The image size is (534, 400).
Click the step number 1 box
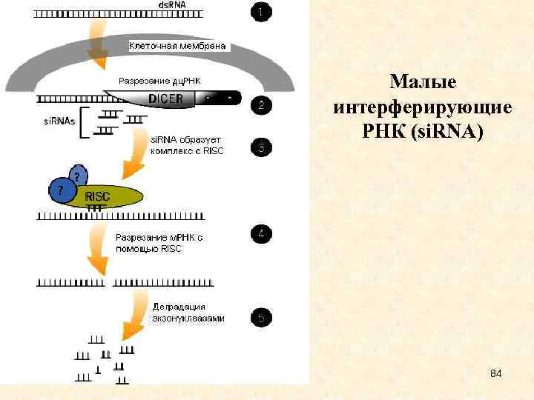[x=261, y=12]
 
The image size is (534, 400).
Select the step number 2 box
[x=261, y=105]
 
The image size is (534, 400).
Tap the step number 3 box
[x=261, y=147]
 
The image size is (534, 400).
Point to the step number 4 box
[x=261, y=235]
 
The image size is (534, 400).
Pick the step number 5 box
[x=261, y=319]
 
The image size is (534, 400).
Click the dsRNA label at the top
[x=172, y=5]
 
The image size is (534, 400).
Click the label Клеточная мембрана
[x=178, y=46]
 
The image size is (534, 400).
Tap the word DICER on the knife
[x=165, y=99]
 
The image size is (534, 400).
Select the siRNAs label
[x=59, y=121]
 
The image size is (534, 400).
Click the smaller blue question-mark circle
[x=78, y=176]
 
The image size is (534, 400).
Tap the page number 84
[x=496, y=373]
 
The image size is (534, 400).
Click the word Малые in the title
[x=423, y=81]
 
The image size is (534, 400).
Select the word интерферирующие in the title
[x=423, y=107]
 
